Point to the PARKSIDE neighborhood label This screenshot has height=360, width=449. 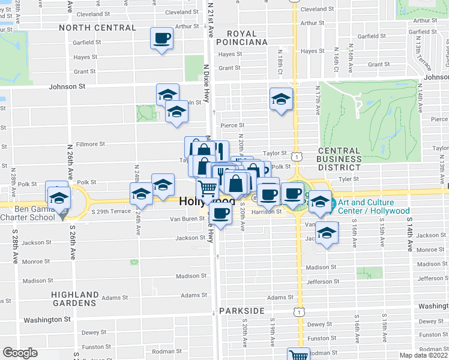(241, 311)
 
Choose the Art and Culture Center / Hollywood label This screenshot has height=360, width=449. (374, 206)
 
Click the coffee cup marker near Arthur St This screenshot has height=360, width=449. (162, 39)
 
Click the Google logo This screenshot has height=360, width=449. (20, 353)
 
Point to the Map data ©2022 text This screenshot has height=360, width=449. (424, 355)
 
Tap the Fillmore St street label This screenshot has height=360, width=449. (91, 144)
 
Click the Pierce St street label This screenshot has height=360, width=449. (232, 125)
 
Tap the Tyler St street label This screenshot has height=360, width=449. (348, 179)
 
